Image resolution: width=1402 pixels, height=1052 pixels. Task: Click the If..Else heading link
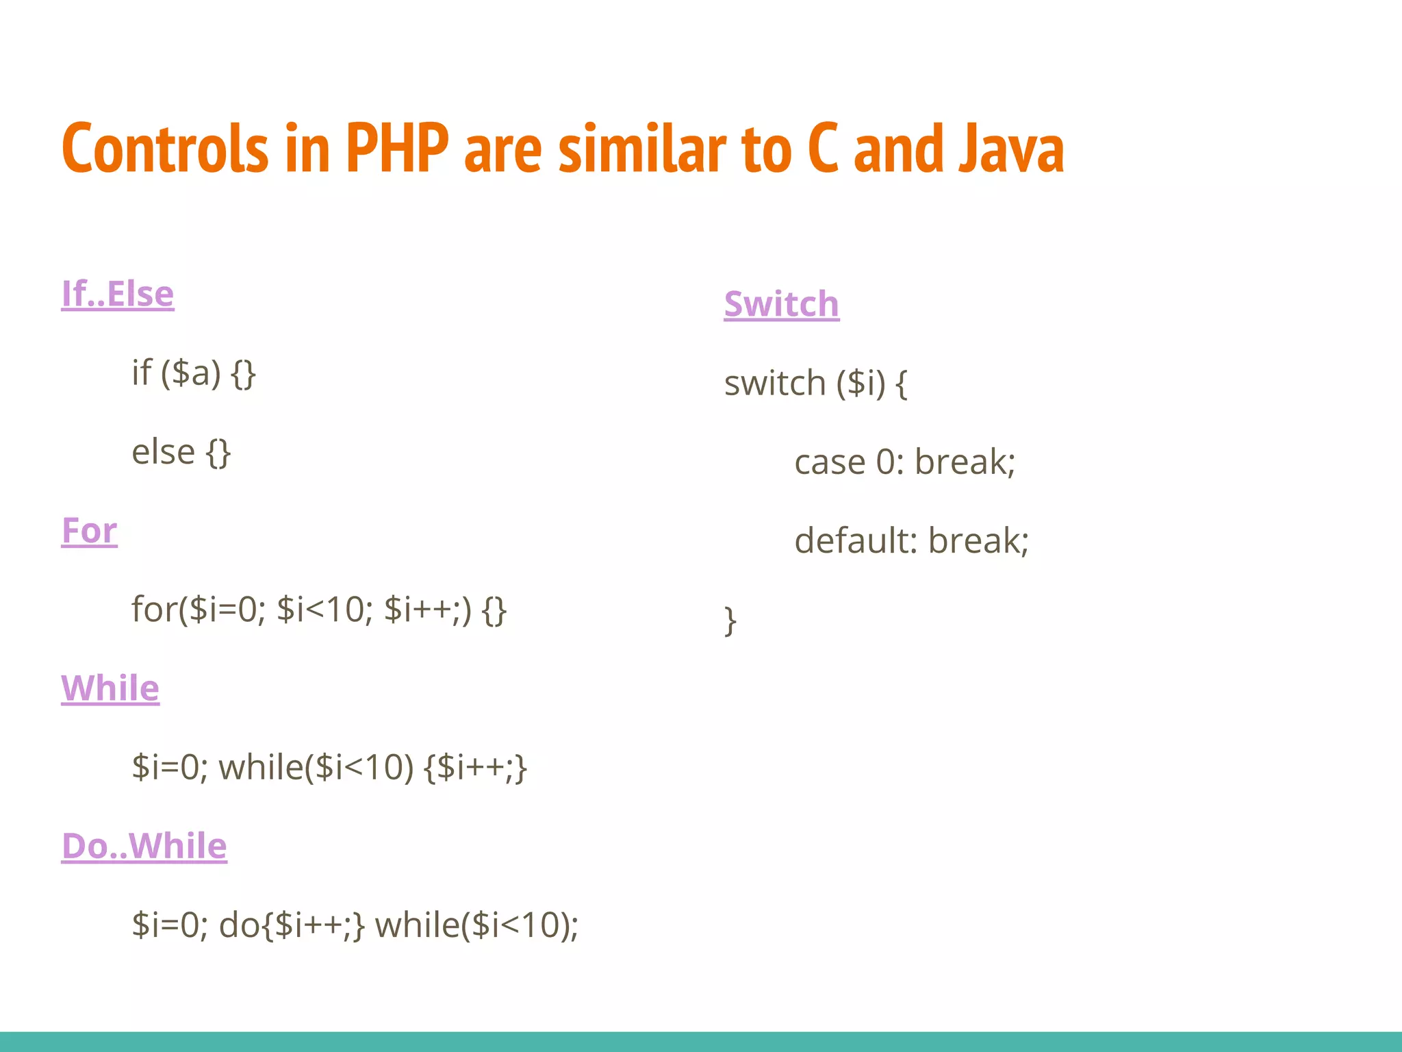118,295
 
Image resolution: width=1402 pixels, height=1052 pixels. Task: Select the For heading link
89,531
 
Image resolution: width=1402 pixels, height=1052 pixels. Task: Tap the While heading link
110,688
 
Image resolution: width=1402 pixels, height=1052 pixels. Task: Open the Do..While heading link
144,846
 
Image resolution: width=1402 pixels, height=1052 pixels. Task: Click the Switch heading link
781,304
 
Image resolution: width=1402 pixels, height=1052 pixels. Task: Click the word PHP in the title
397,148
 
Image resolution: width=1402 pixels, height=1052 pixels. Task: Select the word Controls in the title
164,148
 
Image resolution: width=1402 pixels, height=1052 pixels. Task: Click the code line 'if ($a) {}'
194,373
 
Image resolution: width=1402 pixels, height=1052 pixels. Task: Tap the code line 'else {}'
181,452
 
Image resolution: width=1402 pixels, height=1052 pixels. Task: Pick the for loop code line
319,610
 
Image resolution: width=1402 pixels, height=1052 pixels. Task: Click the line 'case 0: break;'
904,462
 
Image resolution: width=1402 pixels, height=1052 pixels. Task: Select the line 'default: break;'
911,541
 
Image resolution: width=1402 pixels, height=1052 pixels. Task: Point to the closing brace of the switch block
730,621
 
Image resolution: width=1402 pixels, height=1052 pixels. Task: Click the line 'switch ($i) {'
816,384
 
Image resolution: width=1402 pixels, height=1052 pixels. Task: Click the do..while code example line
355,925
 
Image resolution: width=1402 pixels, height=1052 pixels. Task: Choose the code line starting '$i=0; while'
329,767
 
